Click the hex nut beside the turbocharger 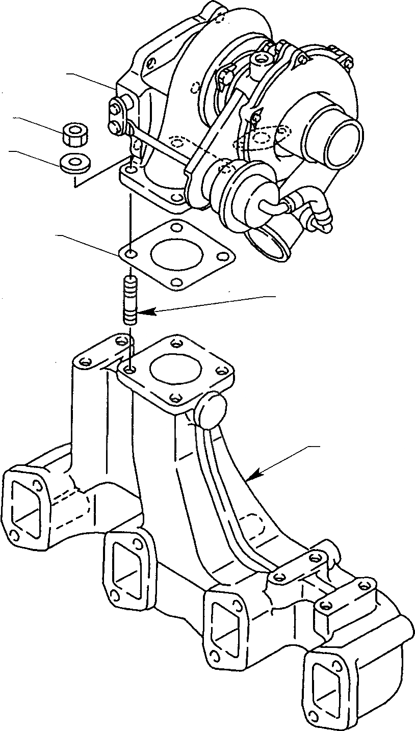point(74,134)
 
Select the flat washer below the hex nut point(74,163)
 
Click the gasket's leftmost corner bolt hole point(131,254)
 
